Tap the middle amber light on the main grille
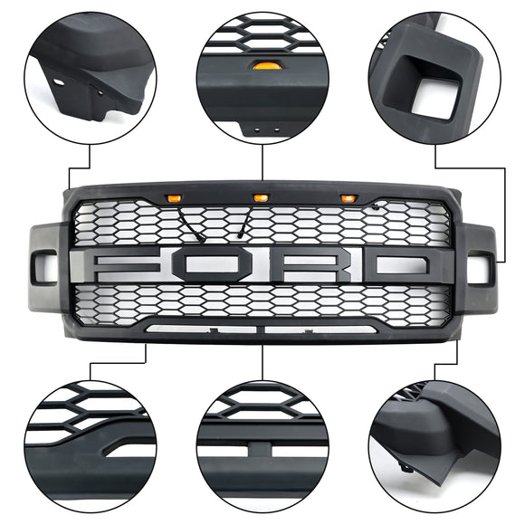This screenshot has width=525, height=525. [x=261, y=196]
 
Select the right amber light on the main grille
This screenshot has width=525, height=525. [x=348, y=198]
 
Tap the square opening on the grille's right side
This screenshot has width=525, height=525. [x=479, y=268]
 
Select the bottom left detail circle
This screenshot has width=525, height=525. [x=89, y=444]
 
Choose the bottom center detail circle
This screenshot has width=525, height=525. [x=262, y=444]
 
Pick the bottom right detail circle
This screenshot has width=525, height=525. [x=435, y=444]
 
